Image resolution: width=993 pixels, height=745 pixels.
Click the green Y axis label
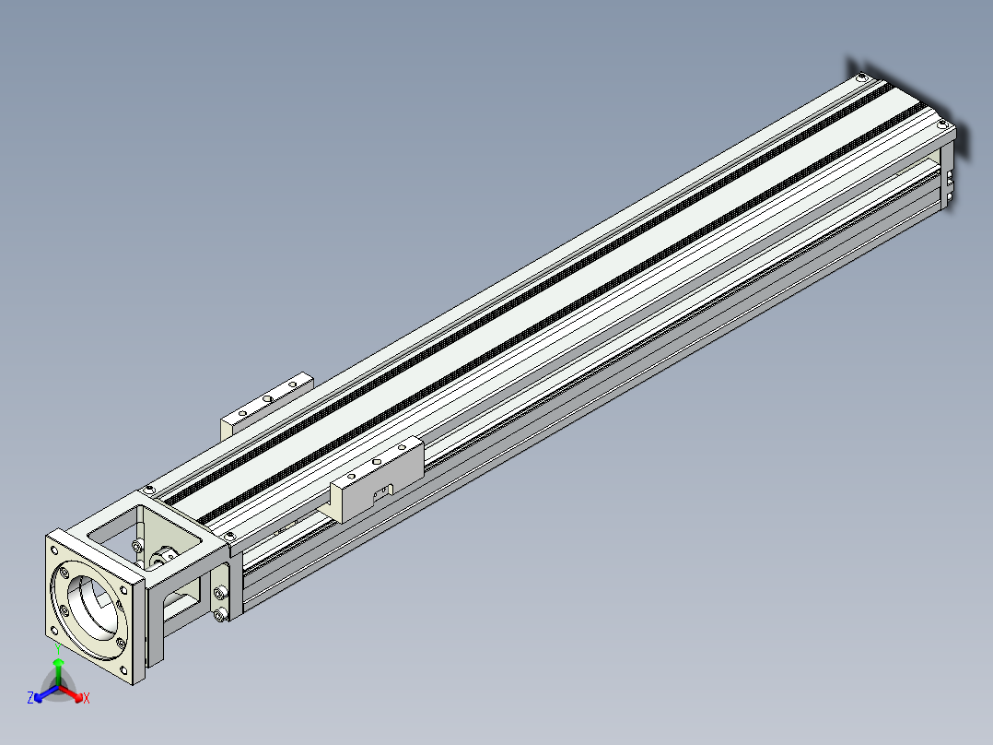coord(58,649)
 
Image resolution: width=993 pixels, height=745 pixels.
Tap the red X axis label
coord(87,698)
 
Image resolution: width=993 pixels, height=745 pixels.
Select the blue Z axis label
coord(30,698)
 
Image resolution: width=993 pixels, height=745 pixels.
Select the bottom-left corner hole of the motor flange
coord(53,631)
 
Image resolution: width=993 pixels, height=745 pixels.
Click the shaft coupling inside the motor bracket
coord(162,558)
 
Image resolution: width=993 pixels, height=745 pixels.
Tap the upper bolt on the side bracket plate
coord(219,593)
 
